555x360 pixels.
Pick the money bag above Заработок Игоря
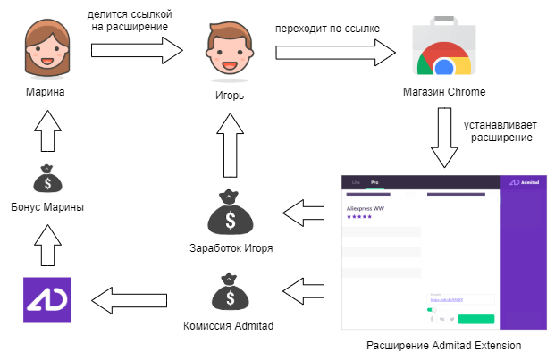pos(230,213)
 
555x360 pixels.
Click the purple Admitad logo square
pos(46,300)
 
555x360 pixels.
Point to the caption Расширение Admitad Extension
pos(444,345)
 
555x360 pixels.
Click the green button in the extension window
pos(475,318)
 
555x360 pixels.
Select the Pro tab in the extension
pos(375,181)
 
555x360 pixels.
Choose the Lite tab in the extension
pos(356,181)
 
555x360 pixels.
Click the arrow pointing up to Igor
pos(229,147)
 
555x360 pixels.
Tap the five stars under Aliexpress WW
pos(360,217)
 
